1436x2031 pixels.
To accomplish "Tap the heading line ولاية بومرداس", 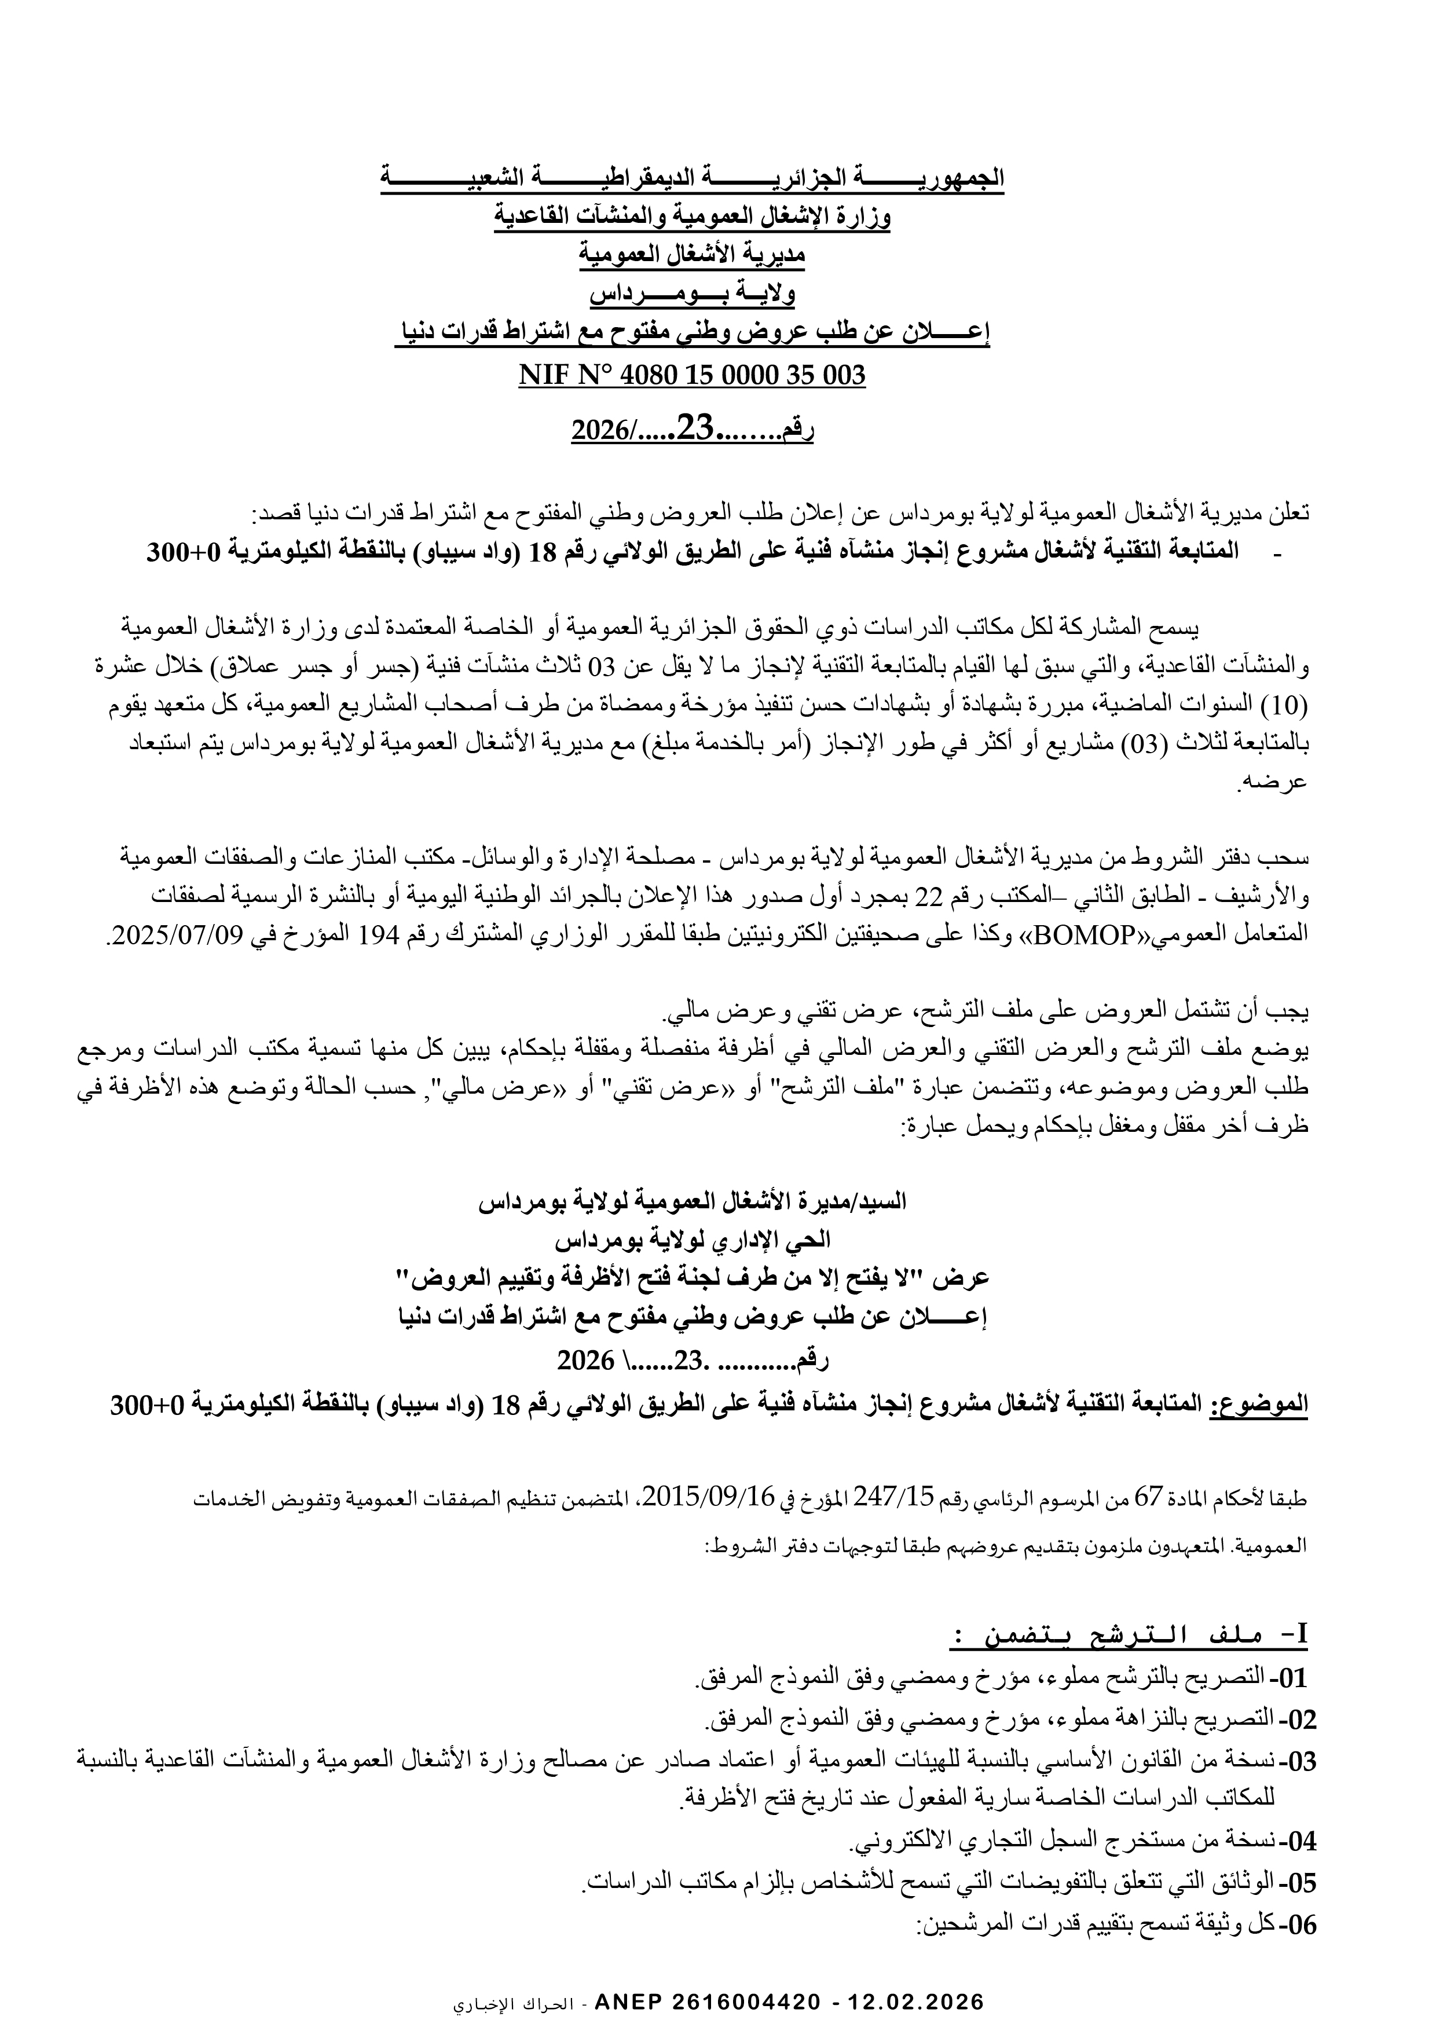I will click(692, 295).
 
